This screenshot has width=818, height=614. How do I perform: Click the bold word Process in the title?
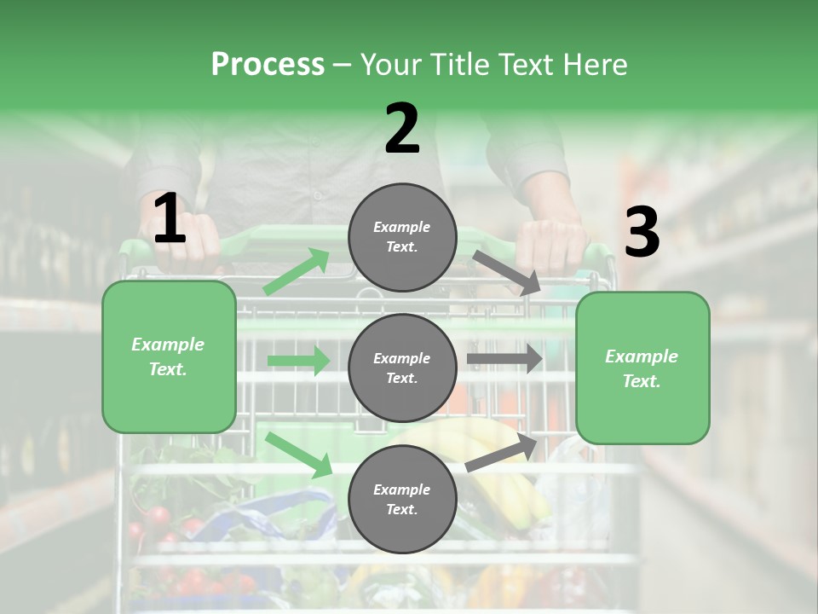pyautogui.click(x=268, y=64)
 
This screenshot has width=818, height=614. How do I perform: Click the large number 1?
pyautogui.click(x=170, y=218)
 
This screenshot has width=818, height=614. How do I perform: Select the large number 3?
pyautogui.click(x=642, y=232)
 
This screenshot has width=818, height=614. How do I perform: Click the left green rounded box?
pyautogui.click(x=169, y=356)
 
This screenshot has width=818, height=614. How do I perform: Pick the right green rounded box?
pyautogui.click(x=642, y=368)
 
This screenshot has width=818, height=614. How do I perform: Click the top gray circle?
pyautogui.click(x=402, y=237)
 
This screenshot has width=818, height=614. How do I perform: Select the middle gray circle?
pyautogui.click(x=402, y=368)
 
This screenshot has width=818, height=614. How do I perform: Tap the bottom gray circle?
pyautogui.click(x=402, y=499)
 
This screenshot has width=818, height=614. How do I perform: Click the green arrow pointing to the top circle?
pyautogui.click(x=297, y=272)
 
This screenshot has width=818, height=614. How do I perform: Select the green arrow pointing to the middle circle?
pyautogui.click(x=298, y=361)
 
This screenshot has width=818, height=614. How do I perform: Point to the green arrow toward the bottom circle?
pyautogui.click(x=299, y=455)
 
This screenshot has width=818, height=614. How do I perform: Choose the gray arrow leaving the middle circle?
pyautogui.click(x=504, y=359)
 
